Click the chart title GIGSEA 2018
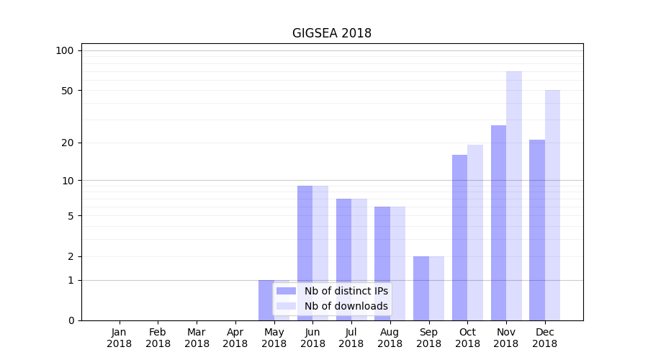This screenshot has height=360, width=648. (331, 33)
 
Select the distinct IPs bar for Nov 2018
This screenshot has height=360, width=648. (498, 222)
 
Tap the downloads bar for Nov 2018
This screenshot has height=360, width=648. (514, 196)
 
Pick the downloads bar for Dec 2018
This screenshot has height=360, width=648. (552, 205)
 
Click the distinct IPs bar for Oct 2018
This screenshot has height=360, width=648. (459, 238)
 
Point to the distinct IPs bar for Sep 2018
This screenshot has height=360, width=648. (421, 288)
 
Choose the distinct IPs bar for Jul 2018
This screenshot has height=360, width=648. (343, 259)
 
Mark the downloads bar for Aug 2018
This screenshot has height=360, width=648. (397, 264)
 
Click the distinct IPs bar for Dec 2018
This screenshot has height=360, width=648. (537, 230)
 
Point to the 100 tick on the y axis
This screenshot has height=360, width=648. (65, 50)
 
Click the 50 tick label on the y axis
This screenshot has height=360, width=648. (67, 91)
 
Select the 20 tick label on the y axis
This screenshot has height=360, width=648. (67, 143)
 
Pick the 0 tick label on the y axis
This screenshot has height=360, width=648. (71, 320)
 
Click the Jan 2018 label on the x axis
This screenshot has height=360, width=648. (120, 338)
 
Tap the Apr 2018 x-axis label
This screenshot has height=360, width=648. (235, 338)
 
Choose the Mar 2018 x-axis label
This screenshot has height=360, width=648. (197, 338)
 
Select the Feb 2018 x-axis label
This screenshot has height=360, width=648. (158, 338)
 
